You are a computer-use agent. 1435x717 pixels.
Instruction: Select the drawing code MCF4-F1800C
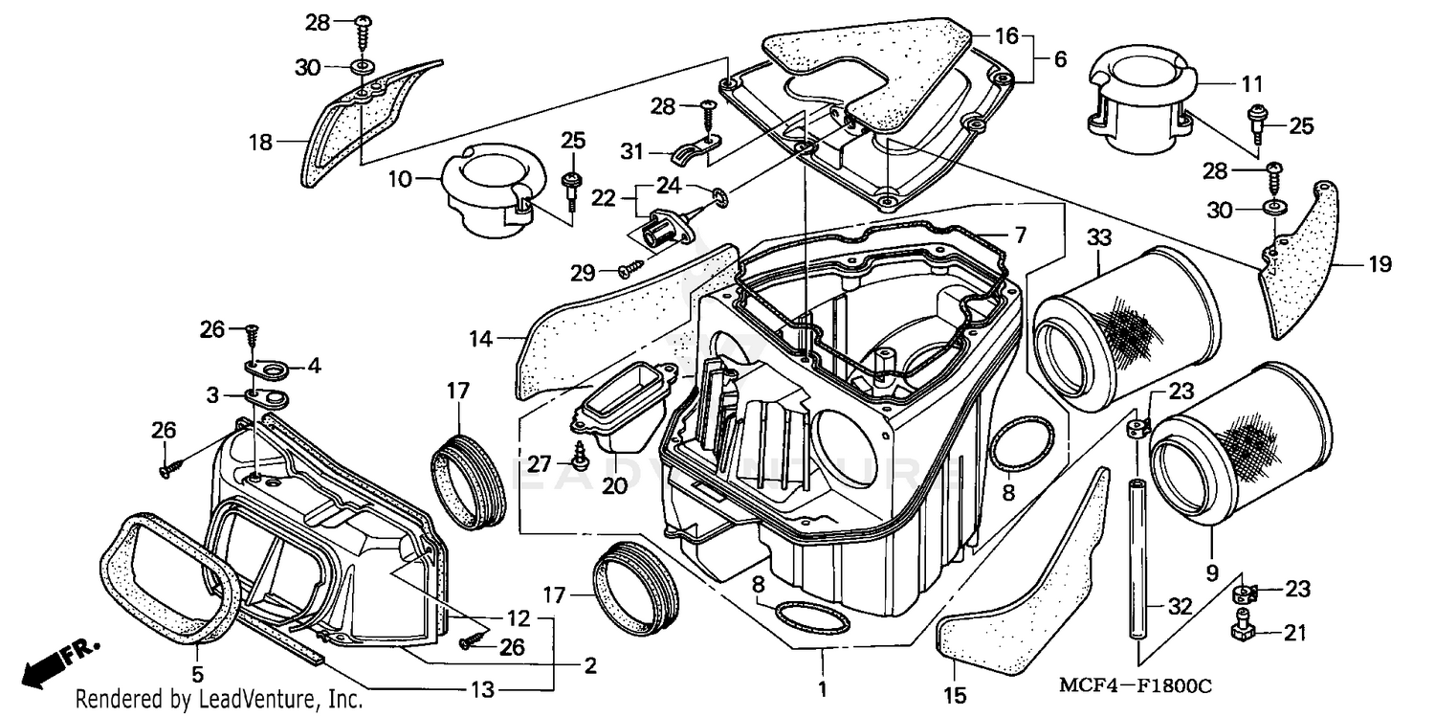pos(1136,686)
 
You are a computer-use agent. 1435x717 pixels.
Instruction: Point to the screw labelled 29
pos(629,271)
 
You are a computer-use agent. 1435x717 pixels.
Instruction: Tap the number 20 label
pos(614,485)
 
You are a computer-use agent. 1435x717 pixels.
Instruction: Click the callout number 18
pos(260,143)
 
